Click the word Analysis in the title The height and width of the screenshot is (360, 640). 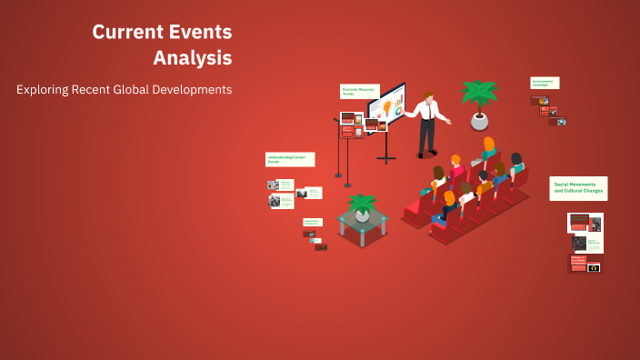click(x=192, y=57)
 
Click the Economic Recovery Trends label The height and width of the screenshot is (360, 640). click(x=358, y=92)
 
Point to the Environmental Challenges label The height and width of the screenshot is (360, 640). click(x=545, y=83)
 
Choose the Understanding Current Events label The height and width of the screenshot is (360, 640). click(x=290, y=159)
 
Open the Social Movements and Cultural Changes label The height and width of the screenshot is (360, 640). click(x=578, y=188)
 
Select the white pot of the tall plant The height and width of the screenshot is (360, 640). click(x=479, y=120)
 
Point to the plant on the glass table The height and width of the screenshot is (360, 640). click(x=363, y=207)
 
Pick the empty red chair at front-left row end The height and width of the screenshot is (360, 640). click(x=414, y=210)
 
